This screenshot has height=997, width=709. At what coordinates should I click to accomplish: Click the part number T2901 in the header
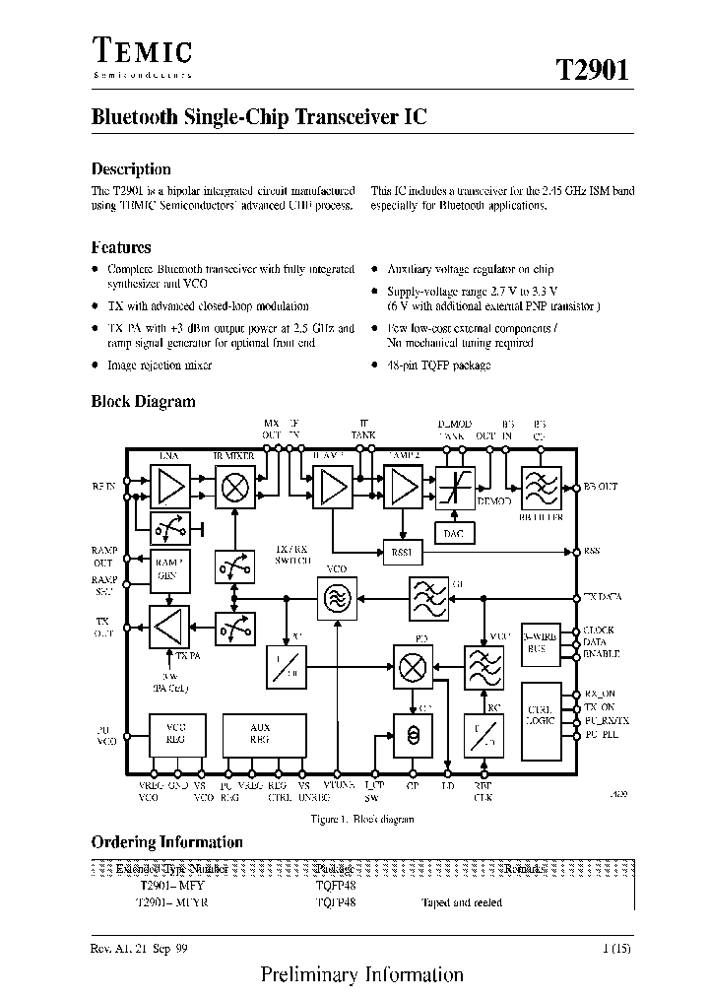coord(591,71)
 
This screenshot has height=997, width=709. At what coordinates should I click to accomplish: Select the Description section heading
coord(131,168)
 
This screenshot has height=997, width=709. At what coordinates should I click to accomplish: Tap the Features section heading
coord(121,247)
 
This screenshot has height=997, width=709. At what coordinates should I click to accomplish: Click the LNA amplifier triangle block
coord(171,487)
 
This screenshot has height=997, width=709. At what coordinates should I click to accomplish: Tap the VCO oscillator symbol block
coord(336,598)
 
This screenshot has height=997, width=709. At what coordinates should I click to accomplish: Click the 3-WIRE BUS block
coord(541,643)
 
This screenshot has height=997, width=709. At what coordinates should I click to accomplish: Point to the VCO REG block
coord(176,734)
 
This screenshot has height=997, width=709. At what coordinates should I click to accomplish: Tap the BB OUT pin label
coord(600,487)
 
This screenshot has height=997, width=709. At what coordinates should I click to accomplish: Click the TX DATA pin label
coord(602,597)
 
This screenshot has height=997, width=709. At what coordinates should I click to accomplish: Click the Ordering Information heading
coord(166,842)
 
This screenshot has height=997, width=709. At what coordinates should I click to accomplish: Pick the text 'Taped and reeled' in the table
coord(462,902)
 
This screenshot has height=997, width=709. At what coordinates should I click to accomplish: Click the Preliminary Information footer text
coord(361,974)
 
